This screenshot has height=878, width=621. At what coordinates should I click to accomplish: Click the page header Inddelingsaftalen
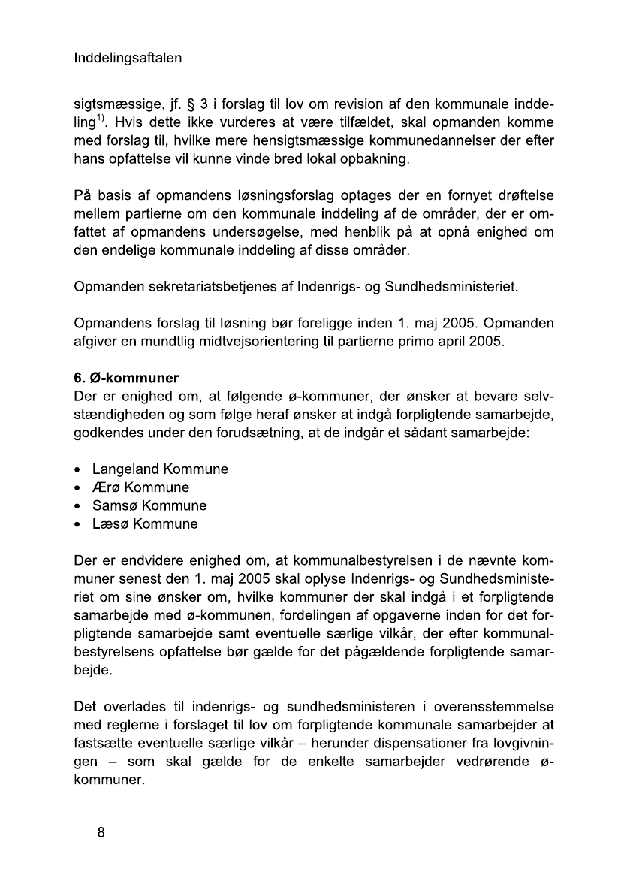pyautogui.click(x=128, y=58)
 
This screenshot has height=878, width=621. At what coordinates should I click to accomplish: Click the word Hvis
pyautogui.click(x=134, y=122)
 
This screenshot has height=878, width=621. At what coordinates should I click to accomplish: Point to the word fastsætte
pyautogui.click(x=105, y=744)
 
